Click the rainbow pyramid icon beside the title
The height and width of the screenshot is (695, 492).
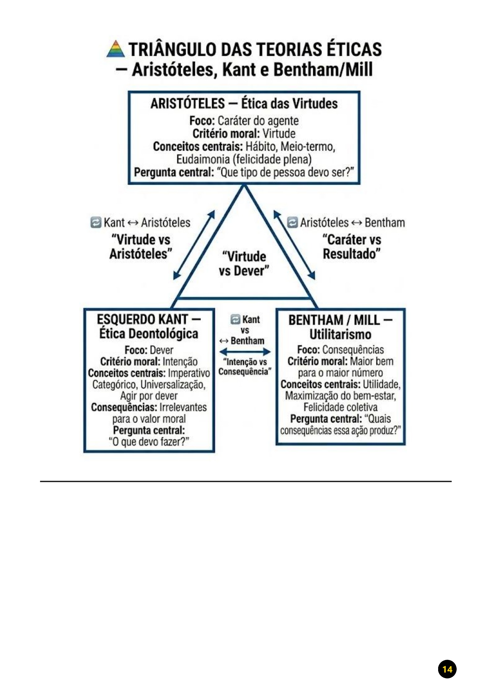(116, 49)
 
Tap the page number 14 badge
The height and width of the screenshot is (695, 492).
(447, 669)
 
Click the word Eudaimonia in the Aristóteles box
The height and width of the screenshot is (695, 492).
(203, 159)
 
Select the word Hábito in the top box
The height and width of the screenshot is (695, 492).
(260, 146)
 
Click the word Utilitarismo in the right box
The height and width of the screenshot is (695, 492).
(340, 334)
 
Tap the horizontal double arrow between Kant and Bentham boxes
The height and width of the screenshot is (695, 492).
(245, 351)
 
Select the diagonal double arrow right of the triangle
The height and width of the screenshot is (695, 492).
(294, 245)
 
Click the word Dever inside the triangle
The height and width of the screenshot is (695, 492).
(251, 271)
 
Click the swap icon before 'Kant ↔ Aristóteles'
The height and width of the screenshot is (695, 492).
(95, 222)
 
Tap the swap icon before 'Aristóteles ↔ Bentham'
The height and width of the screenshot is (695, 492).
(292, 222)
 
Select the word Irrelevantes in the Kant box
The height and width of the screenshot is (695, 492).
(183, 407)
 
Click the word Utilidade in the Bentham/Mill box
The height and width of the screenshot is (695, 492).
(381, 384)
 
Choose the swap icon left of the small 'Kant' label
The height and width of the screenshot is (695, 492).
(235, 319)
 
